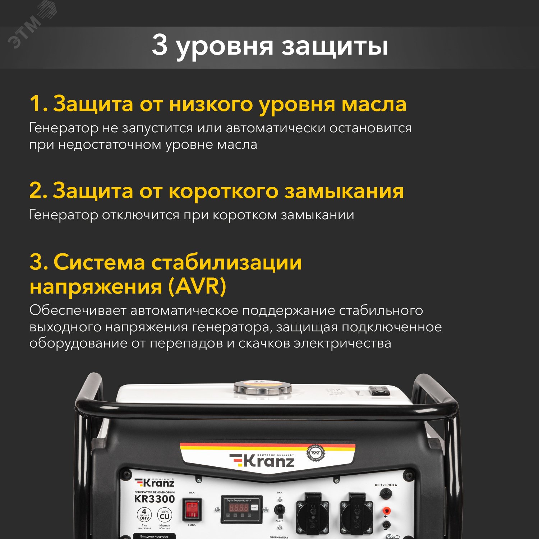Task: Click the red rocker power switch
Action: click(192, 509)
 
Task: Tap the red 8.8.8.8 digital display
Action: click(239, 507)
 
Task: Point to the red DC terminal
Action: click(386, 510)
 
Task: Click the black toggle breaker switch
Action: click(279, 509)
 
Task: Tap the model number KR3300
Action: click(155, 499)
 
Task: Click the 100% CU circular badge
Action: click(165, 516)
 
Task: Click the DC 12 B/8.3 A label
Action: click(386, 485)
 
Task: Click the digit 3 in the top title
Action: click(160, 45)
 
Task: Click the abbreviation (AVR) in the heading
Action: click(197, 286)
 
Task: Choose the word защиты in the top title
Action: click(335, 47)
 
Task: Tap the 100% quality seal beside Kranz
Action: click(315, 453)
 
